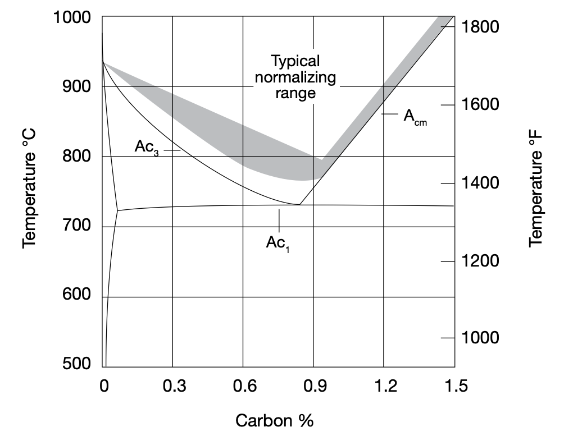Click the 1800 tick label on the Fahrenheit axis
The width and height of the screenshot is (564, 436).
point(480,26)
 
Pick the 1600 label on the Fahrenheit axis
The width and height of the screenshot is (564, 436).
point(480,105)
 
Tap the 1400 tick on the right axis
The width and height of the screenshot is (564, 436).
point(480,183)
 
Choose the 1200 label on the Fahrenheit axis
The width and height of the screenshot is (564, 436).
point(480,261)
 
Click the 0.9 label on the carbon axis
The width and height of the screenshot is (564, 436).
point(315,386)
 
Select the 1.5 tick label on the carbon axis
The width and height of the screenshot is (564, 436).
point(455,386)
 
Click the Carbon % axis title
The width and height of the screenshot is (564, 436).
point(274,420)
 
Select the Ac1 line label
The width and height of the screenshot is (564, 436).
point(279,244)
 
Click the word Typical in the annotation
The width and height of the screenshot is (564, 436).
point(295,61)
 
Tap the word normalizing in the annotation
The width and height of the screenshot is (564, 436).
point(295,77)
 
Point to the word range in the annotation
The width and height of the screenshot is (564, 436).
point(295,93)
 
